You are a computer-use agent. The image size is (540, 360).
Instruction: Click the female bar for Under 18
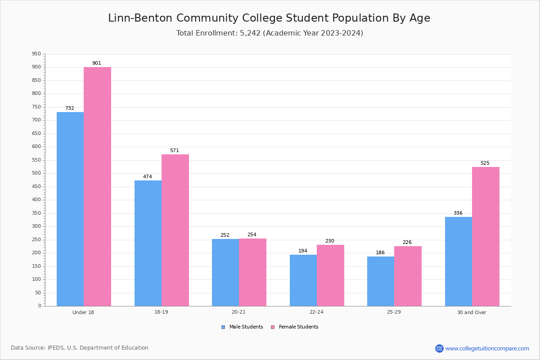coord(97,187)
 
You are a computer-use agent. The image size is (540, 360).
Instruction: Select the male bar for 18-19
coord(148,243)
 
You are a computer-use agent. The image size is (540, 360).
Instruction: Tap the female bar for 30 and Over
coord(486,237)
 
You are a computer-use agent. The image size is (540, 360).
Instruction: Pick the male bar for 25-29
coord(381,281)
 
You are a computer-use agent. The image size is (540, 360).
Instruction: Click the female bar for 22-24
coord(330,275)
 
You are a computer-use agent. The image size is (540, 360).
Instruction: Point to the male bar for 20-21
coord(225,273)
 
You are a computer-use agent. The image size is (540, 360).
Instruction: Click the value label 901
coord(97,63)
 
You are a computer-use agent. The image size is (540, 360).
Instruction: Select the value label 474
coord(148,176)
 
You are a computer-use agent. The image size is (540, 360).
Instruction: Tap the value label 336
coord(458,213)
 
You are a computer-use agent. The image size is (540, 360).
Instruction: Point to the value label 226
coord(407,242)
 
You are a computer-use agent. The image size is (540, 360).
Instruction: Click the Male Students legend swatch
coord(223,327)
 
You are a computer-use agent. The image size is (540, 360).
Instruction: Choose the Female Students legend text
coord(298,327)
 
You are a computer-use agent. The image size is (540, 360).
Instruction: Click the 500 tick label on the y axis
coord(36,173)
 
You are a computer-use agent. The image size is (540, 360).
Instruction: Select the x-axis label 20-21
coord(238,312)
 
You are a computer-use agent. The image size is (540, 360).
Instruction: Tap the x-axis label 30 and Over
coord(472,312)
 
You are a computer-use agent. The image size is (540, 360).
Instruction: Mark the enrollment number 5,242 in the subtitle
coord(250,33)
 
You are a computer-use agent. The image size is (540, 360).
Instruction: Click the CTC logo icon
coord(439,348)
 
